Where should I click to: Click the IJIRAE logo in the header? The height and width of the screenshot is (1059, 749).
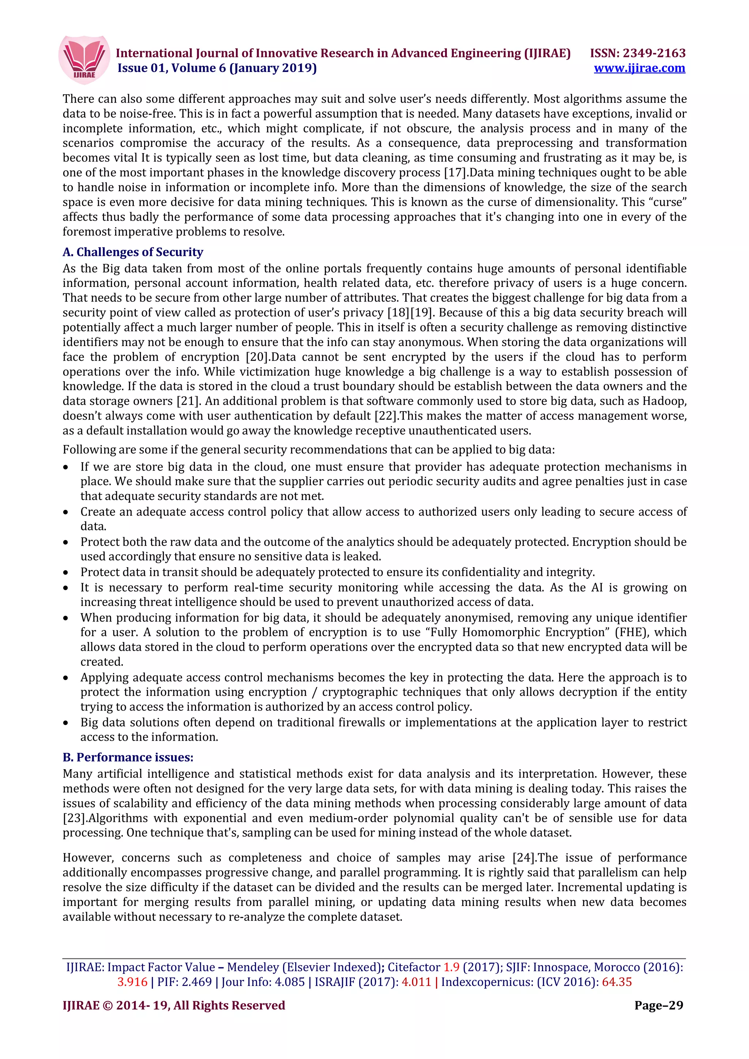point(84,60)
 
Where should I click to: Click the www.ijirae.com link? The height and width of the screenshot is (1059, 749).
point(639,68)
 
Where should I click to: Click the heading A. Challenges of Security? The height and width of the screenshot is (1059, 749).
point(133,252)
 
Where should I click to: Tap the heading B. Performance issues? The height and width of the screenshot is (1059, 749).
point(128,758)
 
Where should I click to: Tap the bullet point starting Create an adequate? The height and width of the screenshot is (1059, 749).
point(66,512)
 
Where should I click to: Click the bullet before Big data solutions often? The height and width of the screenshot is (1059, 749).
point(66,723)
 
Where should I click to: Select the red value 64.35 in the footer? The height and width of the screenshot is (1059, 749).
point(617,982)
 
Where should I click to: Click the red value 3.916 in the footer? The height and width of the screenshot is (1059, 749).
point(132,982)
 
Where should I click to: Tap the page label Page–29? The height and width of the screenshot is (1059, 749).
point(659,1006)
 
